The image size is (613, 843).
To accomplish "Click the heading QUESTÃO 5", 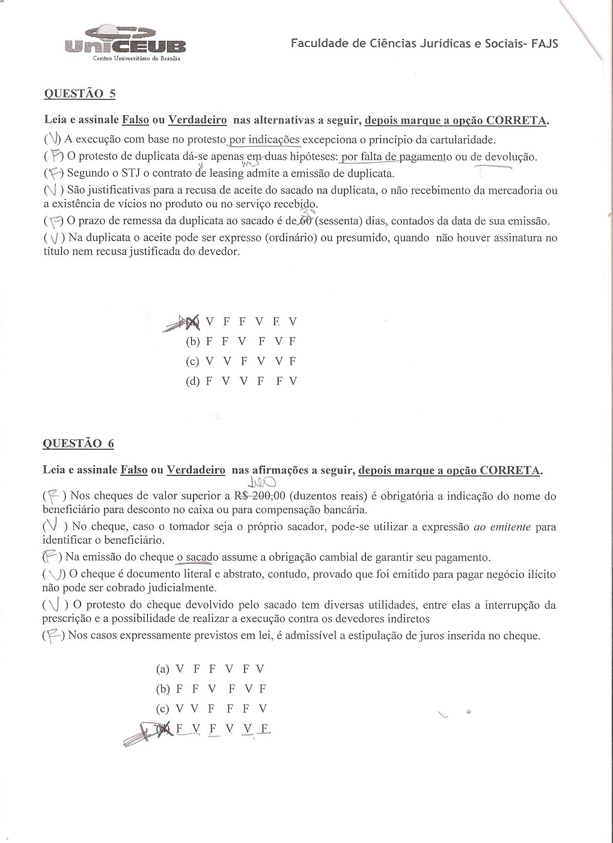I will (x=80, y=94).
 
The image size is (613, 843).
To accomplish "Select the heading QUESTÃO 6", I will (x=78, y=444).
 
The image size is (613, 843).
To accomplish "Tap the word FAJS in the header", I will (x=544, y=43).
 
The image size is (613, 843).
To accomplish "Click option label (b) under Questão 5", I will (x=193, y=342).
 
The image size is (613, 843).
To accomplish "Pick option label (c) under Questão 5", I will (x=192, y=362).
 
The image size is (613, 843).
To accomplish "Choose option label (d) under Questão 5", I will (x=193, y=382).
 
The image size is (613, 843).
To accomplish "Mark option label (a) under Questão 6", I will (x=162, y=669).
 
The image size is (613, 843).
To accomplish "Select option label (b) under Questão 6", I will (x=163, y=689).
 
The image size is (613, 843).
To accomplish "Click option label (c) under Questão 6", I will (x=162, y=709).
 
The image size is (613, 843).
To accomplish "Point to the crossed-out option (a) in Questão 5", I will (x=191, y=323).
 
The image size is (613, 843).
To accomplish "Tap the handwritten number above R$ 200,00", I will (x=262, y=482).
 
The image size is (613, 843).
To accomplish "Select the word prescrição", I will (x=67, y=618).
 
